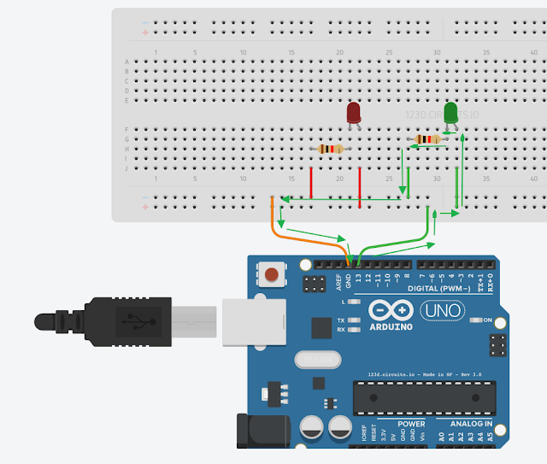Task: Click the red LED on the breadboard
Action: (354, 113)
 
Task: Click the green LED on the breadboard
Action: (451, 113)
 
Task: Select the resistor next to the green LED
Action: (427, 139)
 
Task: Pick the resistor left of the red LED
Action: (330, 149)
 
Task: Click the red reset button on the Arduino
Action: (271, 274)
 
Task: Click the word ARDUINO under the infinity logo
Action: (391, 326)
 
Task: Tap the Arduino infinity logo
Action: (391, 310)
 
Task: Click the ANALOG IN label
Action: (465, 424)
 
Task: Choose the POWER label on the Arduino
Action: (410, 424)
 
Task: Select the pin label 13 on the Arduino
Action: (359, 279)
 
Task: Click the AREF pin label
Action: (338, 279)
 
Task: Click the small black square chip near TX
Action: (321, 327)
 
